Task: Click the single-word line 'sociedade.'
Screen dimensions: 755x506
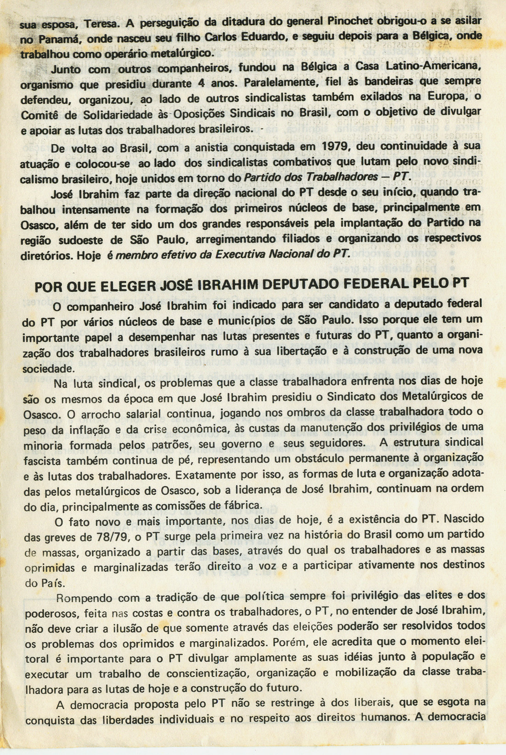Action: click(47, 369)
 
